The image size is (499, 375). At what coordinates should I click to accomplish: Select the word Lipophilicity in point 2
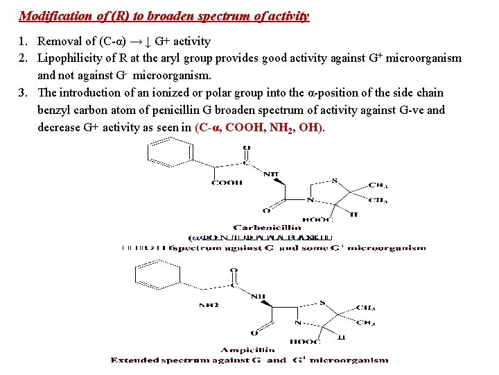[x=69, y=58]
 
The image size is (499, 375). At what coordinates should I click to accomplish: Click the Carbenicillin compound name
[x=266, y=227]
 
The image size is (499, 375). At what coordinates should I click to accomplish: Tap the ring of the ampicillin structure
[x=159, y=276]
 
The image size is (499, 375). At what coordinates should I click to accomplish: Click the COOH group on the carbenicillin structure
[x=227, y=183]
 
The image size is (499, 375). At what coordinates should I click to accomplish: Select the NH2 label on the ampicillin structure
[x=209, y=304]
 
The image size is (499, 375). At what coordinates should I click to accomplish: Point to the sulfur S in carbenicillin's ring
[x=334, y=180]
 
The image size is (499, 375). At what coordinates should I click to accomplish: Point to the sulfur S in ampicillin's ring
[x=323, y=302]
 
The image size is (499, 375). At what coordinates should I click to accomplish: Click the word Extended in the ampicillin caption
[x=134, y=360]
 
